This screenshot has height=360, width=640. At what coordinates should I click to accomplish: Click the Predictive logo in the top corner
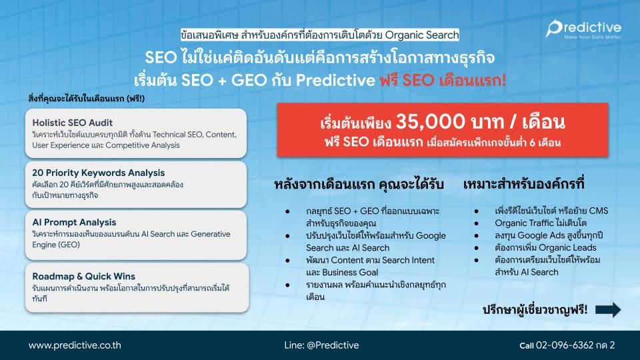click(x=583, y=29)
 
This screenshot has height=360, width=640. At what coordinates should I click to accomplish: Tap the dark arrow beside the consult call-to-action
click(x=608, y=310)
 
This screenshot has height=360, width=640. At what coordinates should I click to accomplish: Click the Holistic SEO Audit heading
click(x=72, y=123)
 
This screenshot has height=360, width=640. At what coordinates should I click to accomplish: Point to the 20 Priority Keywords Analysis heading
click(x=99, y=173)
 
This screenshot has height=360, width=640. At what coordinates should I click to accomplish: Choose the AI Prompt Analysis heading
click(x=74, y=222)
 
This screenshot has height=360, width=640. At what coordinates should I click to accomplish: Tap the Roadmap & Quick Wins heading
click(x=84, y=276)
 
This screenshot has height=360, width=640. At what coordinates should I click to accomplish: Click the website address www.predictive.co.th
click(x=75, y=345)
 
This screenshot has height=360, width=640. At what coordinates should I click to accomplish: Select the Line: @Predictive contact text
click(x=321, y=345)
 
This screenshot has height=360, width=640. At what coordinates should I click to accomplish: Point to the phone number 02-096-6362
click(x=564, y=345)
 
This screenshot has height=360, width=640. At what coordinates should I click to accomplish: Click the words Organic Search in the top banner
click(x=422, y=35)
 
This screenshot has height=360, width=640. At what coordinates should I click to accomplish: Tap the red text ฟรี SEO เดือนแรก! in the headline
click(x=443, y=80)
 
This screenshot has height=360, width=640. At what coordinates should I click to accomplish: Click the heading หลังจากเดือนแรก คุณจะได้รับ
click(x=359, y=184)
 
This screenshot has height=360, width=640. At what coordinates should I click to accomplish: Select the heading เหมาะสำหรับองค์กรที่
click(x=524, y=184)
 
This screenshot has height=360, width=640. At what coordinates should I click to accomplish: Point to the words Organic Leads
click(x=571, y=247)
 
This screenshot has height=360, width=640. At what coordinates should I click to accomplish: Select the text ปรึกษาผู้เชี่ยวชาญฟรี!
click(x=535, y=310)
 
